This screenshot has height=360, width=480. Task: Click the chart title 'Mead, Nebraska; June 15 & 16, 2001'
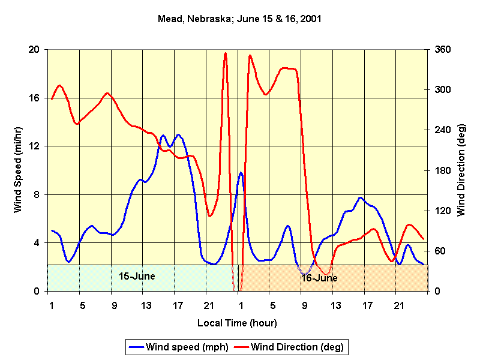pos(240,19)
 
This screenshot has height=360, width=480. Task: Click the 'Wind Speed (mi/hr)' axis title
pos(18,170)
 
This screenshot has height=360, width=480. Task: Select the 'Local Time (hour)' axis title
pos(238,323)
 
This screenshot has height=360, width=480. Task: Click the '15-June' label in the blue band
pos(137,277)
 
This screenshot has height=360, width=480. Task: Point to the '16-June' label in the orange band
pos(319,278)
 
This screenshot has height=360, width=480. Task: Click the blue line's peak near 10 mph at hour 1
pos(241,173)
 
